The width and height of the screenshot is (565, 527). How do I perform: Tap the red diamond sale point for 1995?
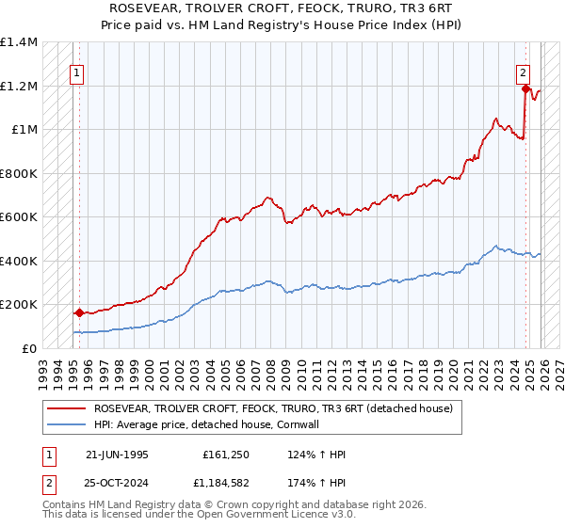79,312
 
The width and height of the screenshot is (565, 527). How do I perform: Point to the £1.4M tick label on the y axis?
19,42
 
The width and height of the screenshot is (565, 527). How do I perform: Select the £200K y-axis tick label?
19,305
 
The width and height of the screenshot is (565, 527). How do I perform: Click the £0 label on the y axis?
30,348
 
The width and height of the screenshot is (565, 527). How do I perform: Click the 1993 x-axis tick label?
42,368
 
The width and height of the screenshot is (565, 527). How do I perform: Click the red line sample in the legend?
65,408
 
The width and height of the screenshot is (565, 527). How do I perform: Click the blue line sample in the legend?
65,424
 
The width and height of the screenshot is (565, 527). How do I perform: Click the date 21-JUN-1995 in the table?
117,454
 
